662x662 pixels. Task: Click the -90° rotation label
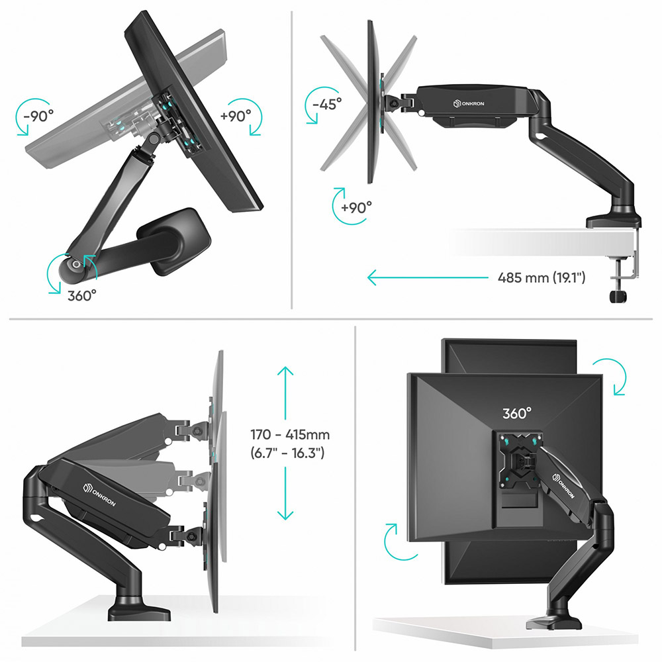[39, 116]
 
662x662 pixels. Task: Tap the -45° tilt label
[327, 104]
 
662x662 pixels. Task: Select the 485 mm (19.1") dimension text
[542, 278]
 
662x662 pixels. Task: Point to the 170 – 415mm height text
[290, 434]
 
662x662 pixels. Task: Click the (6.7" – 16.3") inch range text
[287, 453]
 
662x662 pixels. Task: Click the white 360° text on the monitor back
[517, 413]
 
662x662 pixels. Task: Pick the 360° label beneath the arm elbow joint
[82, 295]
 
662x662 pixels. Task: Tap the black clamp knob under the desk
[618, 296]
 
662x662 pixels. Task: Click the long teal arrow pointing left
[427, 278]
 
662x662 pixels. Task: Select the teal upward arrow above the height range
[285, 393]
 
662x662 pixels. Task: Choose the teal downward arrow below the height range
[285, 493]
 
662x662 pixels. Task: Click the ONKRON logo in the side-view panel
[469, 103]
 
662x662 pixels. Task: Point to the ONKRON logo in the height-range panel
[99, 495]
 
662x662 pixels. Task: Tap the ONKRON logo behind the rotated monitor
[563, 485]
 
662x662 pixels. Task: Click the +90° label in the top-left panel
[236, 115]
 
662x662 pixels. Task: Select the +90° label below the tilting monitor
[356, 207]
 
